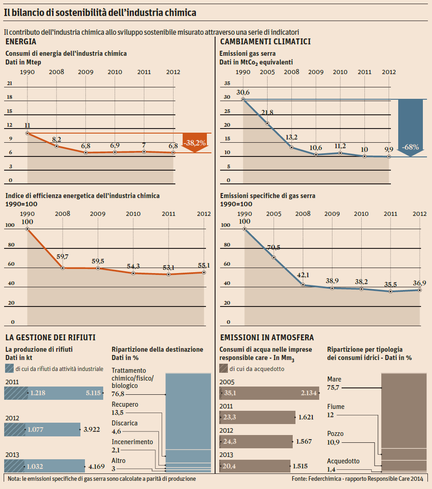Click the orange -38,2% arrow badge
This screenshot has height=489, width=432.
(x=194, y=143)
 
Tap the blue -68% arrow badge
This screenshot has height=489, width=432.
(x=411, y=147)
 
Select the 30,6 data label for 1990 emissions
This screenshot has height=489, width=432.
(x=243, y=93)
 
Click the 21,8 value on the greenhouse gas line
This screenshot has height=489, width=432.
(x=267, y=113)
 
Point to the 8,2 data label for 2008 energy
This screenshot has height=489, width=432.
(x=56, y=139)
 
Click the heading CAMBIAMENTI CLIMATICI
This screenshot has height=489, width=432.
(x=265, y=42)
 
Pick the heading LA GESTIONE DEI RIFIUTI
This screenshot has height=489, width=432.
(x=50, y=338)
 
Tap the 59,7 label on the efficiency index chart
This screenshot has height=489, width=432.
(x=63, y=257)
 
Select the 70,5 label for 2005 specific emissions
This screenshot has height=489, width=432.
(x=274, y=247)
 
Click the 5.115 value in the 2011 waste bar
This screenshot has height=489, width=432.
(x=93, y=392)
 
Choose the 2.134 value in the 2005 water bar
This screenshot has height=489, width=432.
(x=309, y=393)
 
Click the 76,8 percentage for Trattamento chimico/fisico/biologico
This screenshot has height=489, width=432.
(x=118, y=394)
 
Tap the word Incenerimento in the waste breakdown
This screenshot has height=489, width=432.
(x=132, y=442)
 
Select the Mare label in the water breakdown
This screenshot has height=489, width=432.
(x=334, y=379)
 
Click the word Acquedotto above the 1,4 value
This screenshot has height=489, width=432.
(x=343, y=461)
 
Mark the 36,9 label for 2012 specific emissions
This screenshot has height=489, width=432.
(x=419, y=283)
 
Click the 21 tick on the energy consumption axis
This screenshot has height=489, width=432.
(x=10, y=83)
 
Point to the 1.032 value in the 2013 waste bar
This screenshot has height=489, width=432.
(x=36, y=467)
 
